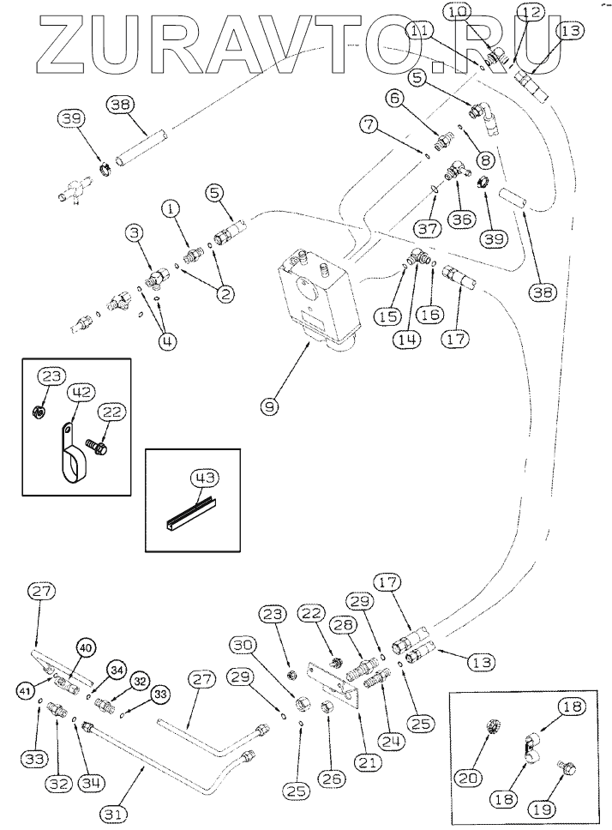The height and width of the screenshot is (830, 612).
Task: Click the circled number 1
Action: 172,208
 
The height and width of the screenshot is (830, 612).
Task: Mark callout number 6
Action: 395,99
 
